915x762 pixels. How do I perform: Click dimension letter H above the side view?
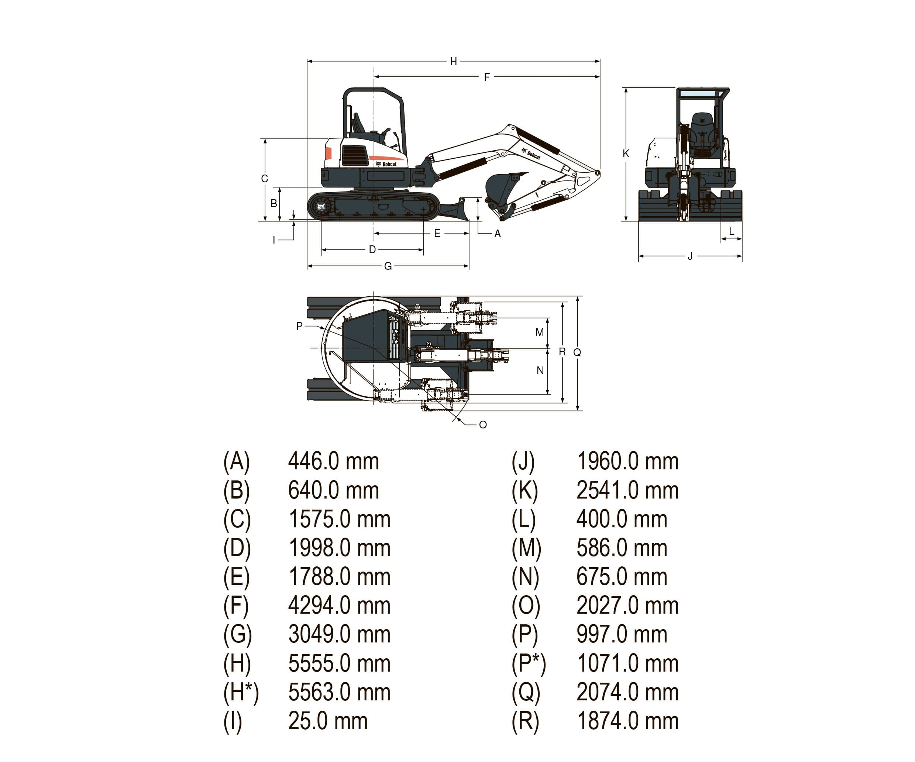(x=453, y=61)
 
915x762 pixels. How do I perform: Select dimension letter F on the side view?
(x=487, y=77)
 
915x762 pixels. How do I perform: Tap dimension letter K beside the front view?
(x=626, y=154)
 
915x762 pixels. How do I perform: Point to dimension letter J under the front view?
(x=690, y=256)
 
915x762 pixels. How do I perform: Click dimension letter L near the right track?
(x=732, y=231)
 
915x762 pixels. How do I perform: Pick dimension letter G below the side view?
(x=388, y=266)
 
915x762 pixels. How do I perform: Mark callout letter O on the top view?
(x=483, y=425)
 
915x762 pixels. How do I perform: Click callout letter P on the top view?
(x=299, y=326)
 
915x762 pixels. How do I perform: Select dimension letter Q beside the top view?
(x=577, y=352)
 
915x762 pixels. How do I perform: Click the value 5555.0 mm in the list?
(x=339, y=663)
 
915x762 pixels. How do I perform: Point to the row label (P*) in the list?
(x=528, y=663)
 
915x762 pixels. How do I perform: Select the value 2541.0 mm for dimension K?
(x=627, y=490)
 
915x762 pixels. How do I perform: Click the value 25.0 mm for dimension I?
(x=328, y=721)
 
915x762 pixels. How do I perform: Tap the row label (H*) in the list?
(x=241, y=692)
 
